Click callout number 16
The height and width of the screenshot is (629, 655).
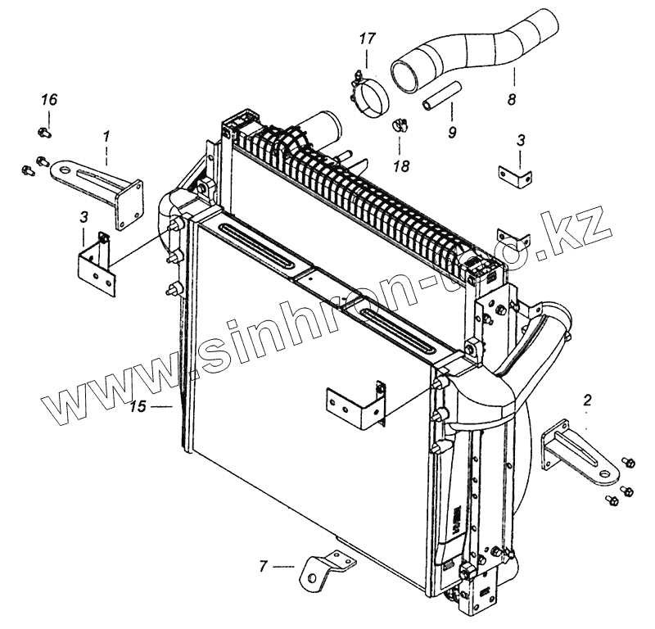tap(49, 100)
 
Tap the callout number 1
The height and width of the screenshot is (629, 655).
tap(106, 133)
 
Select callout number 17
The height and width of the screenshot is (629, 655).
tap(366, 38)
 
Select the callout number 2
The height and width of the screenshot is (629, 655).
tap(586, 400)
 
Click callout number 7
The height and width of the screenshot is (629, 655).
tap(264, 565)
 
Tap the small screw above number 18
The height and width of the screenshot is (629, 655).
tap(400, 124)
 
